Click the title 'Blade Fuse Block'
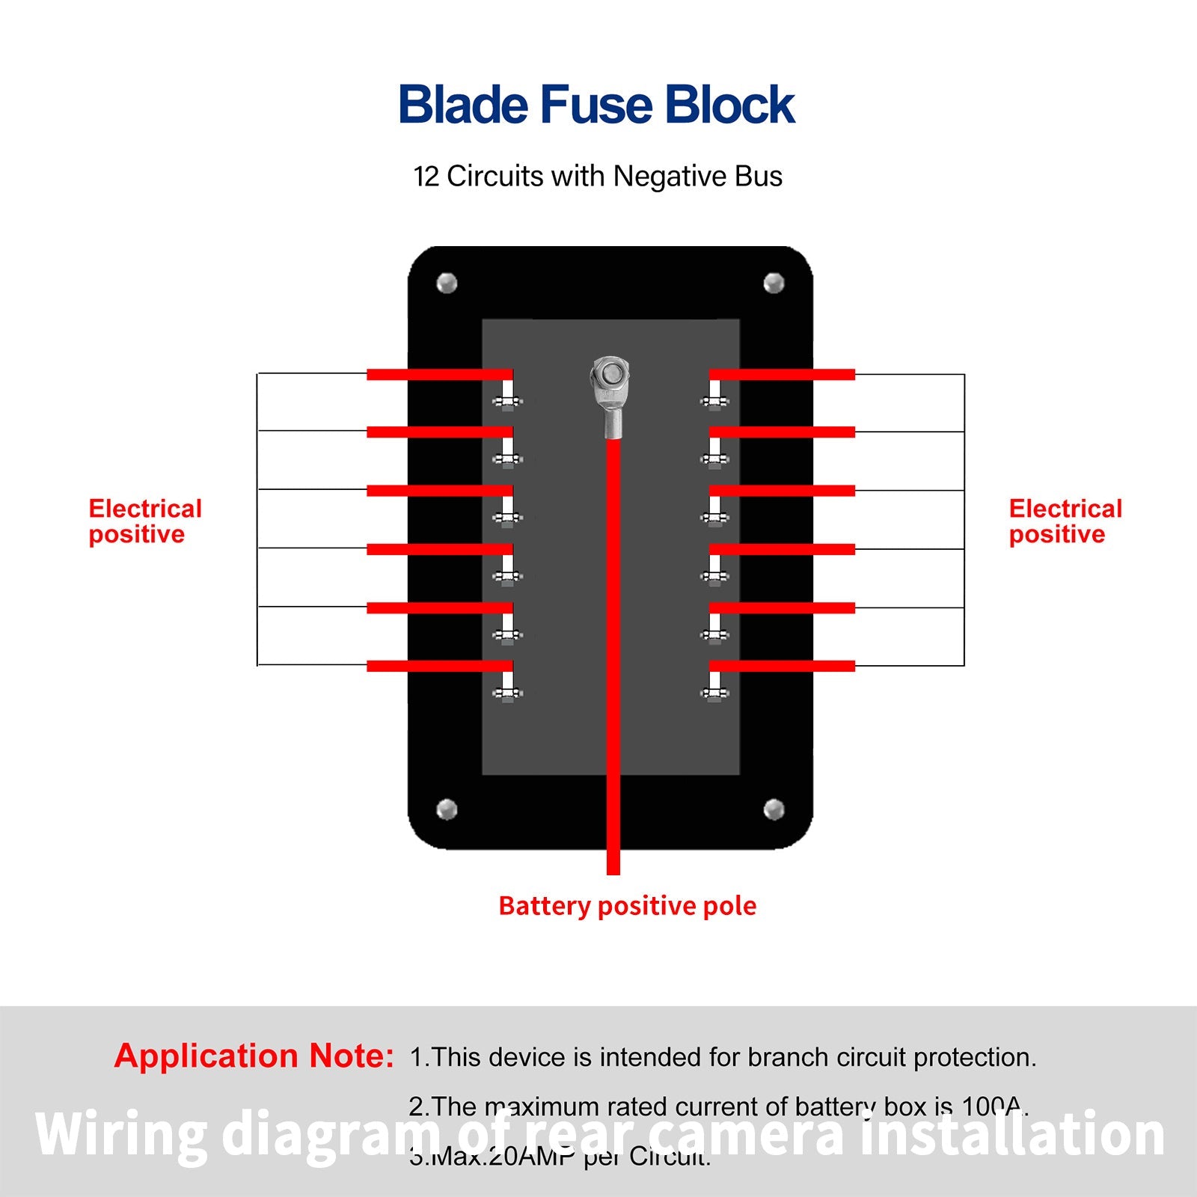click(x=596, y=104)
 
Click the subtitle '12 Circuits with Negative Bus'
click(x=597, y=177)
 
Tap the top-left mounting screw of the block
click(x=447, y=284)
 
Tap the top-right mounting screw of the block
click(x=774, y=283)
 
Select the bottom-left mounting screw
click(x=447, y=809)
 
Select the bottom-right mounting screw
click(x=774, y=809)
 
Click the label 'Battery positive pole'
click(x=627, y=906)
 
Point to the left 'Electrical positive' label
click(x=144, y=521)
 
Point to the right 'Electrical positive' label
click(x=1065, y=521)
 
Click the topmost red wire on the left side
click(x=439, y=374)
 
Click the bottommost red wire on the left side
click(x=439, y=666)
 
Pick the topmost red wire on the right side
click(x=782, y=374)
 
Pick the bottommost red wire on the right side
click(x=782, y=666)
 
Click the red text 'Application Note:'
click(x=254, y=1056)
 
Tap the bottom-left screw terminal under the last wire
click(x=507, y=692)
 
